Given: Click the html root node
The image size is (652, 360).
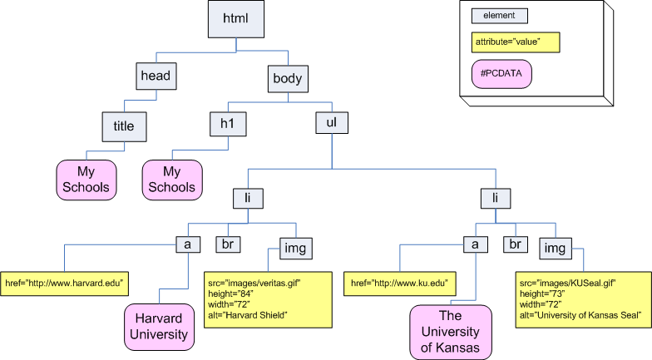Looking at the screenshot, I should (x=235, y=19).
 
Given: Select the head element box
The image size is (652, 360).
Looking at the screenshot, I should (x=156, y=76).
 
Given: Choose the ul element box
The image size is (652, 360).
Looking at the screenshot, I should (x=331, y=123).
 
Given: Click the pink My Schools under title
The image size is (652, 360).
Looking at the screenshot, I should (x=86, y=180).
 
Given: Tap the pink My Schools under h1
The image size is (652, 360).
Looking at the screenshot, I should (x=171, y=180).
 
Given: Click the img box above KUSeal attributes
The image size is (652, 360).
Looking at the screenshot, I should (x=555, y=247).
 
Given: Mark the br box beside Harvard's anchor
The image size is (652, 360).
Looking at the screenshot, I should (x=228, y=244).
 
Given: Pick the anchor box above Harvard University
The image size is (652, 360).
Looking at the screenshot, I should (x=188, y=244).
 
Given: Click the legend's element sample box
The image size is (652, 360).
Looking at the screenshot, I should (x=499, y=15).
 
